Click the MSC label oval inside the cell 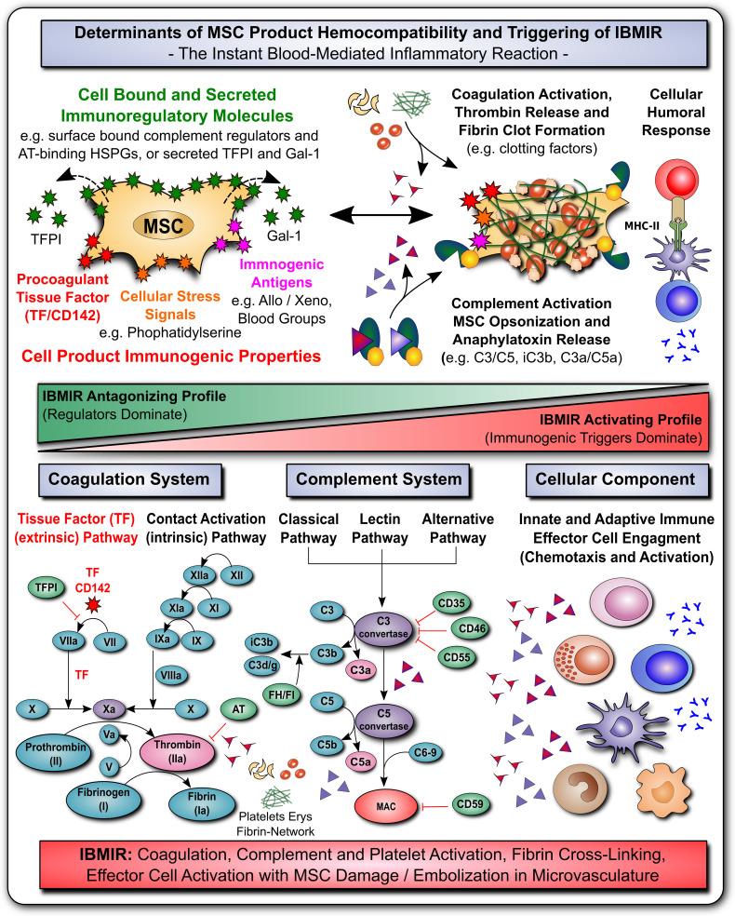click(x=164, y=225)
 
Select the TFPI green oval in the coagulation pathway click(x=47, y=587)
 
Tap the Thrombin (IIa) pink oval click(x=178, y=751)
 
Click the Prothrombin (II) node click(x=56, y=754)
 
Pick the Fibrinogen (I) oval click(x=104, y=799)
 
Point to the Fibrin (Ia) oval click(x=201, y=803)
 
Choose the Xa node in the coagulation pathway click(x=109, y=709)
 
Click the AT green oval click(x=238, y=709)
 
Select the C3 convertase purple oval click(x=383, y=627)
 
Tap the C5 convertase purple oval click(x=383, y=720)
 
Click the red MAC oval click(x=386, y=806)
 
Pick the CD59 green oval click(x=470, y=804)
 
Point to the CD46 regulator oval click(x=472, y=628)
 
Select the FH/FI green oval click(x=281, y=694)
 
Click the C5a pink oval click(x=360, y=761)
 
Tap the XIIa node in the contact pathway click(x=199, y=575)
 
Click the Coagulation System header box click(x=129, y=480)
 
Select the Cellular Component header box click(x=617, y=480)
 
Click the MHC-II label click(x=642, y=225)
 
